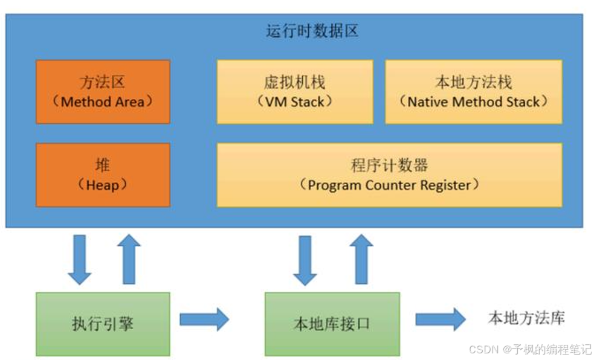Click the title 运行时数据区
pos(312,31)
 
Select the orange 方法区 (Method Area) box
pos(103,91)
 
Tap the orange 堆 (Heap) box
pos(103,175)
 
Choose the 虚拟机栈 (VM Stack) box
pos(295,91)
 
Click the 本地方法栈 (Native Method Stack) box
pos(473,91)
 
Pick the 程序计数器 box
pos(389,175)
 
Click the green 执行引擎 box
pos(103,324)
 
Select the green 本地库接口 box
pos(332,324)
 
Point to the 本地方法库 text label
pos(526,319)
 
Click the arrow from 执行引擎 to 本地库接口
pos(204,320)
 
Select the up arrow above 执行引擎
pos(128,259)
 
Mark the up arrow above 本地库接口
pos(361,259)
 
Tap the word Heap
pos(103,185)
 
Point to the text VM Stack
pos(295,101)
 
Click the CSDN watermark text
pos(530,350)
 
